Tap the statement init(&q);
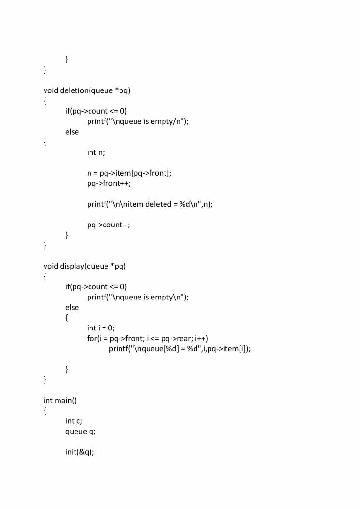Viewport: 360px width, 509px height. point(78,452)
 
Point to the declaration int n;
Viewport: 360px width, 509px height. point(96,152)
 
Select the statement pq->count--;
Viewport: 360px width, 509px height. point(108,225)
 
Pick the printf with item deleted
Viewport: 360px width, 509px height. point(150,204)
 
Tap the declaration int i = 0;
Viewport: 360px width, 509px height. point(101,328)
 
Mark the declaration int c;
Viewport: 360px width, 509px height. point(74,421)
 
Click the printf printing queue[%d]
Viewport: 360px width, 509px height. point(180,349)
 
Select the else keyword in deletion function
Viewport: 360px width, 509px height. point(72,132)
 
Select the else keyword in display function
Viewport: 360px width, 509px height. point(72,307)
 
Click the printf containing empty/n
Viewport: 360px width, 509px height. point(137,121)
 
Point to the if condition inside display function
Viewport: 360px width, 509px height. point(96,286)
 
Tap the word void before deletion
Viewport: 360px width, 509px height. point(51,90)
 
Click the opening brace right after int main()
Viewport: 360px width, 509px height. point(45,411)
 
